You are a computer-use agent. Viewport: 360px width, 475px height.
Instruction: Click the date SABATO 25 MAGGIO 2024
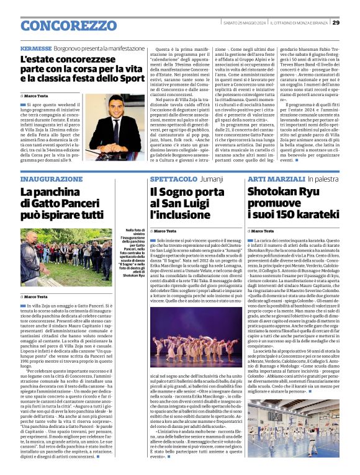tap(244, 22)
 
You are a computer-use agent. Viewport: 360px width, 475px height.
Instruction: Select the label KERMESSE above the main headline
tap(35, 48)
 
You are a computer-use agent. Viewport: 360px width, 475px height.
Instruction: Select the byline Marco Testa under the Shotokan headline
tap(265, 231)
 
